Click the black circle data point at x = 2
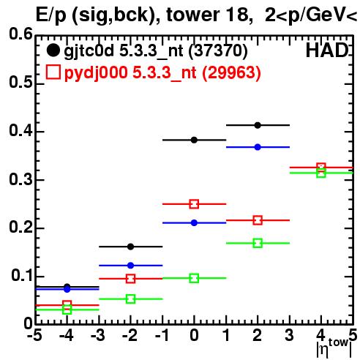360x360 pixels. (x=258, y=125)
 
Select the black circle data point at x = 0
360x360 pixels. (x=194, y=140)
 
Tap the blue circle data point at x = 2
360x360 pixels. (x=258, y=147)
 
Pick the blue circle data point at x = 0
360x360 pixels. (x=194, y=222)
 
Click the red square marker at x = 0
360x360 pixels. (x=194, y=204)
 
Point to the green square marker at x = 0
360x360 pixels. (x=194, y=278)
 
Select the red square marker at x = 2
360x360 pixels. (x=258, y=220)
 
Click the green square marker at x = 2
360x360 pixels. (x=258, y=243)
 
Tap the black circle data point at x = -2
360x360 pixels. (x=131, y=247)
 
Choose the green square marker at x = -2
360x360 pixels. (x=131, y=299)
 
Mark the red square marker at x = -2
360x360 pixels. (x=131, y=279)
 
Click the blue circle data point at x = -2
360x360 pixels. (x=131, y=266)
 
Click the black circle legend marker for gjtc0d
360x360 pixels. (x=53, y=50)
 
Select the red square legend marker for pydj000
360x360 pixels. (x=53, y=72)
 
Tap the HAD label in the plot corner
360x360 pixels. (x=327, y=50)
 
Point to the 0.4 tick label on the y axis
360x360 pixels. (x=20, y=130)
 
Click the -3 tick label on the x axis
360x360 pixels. (x=98, y=336)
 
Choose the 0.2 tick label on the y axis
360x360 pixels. (x=20, y=227)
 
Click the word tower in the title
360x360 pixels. (x=192, y=15)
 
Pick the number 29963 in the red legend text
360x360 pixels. (x=231, y=72)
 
